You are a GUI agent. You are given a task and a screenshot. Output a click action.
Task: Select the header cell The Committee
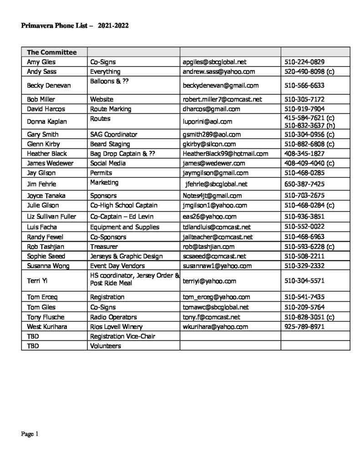click(51, 52)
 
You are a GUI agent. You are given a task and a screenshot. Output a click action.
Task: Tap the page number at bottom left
click(30, 434)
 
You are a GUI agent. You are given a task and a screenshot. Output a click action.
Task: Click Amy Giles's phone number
click(304, 62)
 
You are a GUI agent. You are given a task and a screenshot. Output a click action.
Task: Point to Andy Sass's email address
click(218, 71)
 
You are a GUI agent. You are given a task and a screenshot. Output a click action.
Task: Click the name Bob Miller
click(41, 99)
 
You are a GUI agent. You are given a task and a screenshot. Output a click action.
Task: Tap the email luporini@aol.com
click(208, 122)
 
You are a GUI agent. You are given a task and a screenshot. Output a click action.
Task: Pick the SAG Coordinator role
click(113, 134)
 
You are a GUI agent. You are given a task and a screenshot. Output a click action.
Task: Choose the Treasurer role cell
click(104, 246)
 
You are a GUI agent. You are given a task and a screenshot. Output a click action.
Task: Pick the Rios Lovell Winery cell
click(116, 327)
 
